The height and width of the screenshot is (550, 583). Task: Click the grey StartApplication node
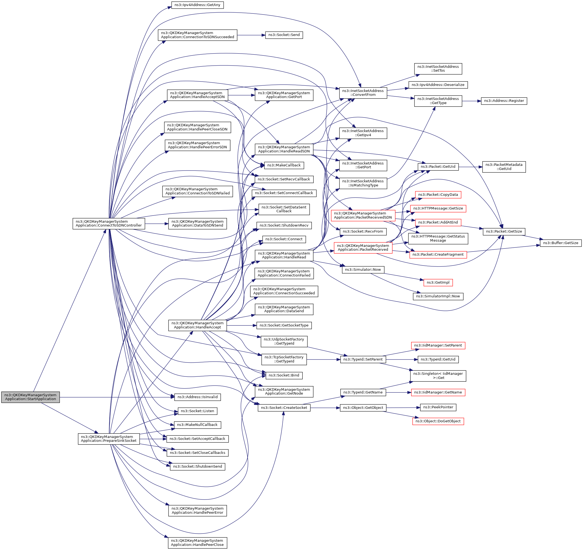click(x=30, y=397)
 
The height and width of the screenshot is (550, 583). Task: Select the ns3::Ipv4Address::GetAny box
click(x=197, y=5)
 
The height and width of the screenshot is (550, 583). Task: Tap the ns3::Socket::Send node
click(x=284, y=35)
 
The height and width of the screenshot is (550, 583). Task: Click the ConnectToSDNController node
click(x=108, y=224)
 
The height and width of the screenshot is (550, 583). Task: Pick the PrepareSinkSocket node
click(x=108, y=439)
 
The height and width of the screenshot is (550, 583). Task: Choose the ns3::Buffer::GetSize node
click(x=560, y=243)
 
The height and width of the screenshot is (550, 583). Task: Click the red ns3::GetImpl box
click(x=438, y=283)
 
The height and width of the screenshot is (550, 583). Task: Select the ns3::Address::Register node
click(x=504, y=101)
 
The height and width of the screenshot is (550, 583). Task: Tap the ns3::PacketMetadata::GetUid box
click(x=504, y=167)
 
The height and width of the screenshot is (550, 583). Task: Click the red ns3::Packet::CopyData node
click(x=438, y=194)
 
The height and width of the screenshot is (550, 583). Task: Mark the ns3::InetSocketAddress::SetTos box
click(x=438, y=69)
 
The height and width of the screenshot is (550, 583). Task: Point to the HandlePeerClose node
click(x=197, y=542)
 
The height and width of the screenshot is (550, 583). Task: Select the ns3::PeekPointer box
click(x=438, y=407)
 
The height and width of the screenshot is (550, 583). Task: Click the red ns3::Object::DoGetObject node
click(x=438, y=421)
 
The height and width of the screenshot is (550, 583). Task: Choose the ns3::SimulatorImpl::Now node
click(x=438, y=296)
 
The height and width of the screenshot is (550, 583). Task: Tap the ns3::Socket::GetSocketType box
click(x=284, y=325)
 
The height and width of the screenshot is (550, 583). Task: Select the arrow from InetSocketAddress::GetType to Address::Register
click(x=471, y=101)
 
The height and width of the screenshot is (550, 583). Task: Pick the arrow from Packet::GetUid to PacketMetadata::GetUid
click(x=470, y=167)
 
